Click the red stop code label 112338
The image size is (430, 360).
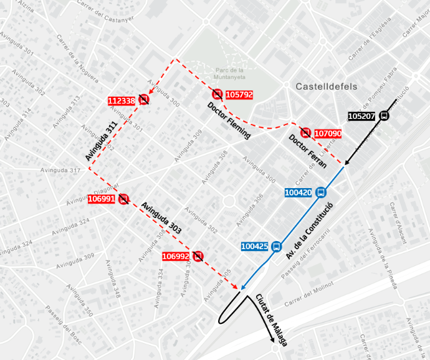(122, 101)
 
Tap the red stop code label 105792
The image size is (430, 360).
(239, 95)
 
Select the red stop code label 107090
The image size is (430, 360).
(328, 134)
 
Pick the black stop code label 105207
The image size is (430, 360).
(361, 116)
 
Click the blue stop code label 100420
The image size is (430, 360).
(298, 193)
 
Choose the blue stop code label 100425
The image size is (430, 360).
(255, 247)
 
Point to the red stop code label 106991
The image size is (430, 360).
(102, 199)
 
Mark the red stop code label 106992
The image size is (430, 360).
(175, 256)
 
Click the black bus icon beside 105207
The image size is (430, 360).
(384, 116)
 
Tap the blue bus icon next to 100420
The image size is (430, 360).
(321, 192)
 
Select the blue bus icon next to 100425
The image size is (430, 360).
(276, 246)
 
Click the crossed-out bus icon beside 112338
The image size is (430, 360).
(144, 99)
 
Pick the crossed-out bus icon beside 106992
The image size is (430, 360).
(198, 255)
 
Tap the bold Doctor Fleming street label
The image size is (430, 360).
(229, 121)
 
